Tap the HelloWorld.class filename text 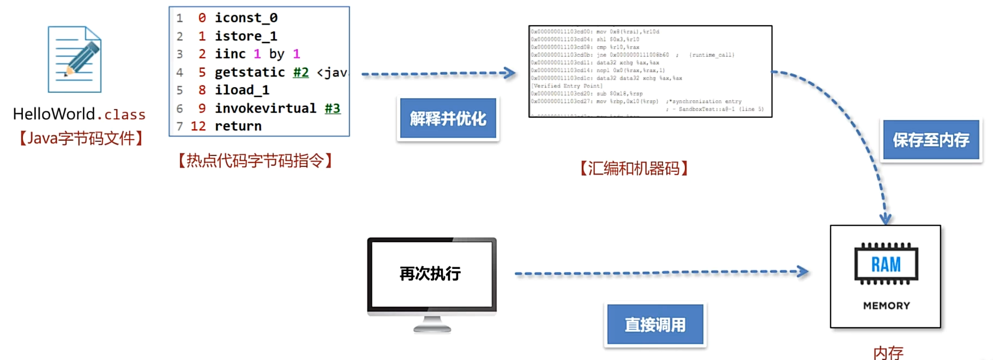[x=79, y=114]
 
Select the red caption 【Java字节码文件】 [x=81, y=139]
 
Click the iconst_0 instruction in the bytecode [x=246, y=18]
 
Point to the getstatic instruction [x=250, y=72]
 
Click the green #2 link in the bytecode [x=300, y=72]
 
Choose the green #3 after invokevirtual [x=332, y=108]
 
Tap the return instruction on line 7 [x=238, y=126]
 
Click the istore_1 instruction [x=245, y=36]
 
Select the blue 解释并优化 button [x=448, y=118]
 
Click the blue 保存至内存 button [x=931, y=140]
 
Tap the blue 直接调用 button [x=655, y=325]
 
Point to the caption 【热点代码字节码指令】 [x=255, y=161]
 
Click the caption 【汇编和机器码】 [x=634, y=169]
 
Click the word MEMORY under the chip [x=886, y=306]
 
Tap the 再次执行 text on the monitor [x=430, y=273]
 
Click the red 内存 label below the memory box [x=888, y=353]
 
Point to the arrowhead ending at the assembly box [x=510, y=73]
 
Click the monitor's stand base [x=432, y=328]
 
